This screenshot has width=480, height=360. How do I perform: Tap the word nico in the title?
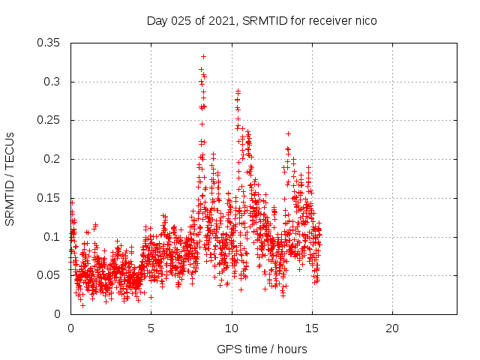(364, 21)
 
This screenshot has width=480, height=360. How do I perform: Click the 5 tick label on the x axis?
(151, 328)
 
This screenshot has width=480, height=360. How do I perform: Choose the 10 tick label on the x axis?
(232, 328)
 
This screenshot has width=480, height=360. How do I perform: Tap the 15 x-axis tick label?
(312, 328)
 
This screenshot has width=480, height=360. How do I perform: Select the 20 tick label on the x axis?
(392, 328)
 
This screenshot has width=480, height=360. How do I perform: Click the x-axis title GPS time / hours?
(262, 349)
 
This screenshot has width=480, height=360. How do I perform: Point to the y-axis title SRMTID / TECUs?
(10, 178)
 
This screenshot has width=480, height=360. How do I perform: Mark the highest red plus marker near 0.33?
(203, 56)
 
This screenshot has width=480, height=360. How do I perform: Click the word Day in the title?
(157, 21)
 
